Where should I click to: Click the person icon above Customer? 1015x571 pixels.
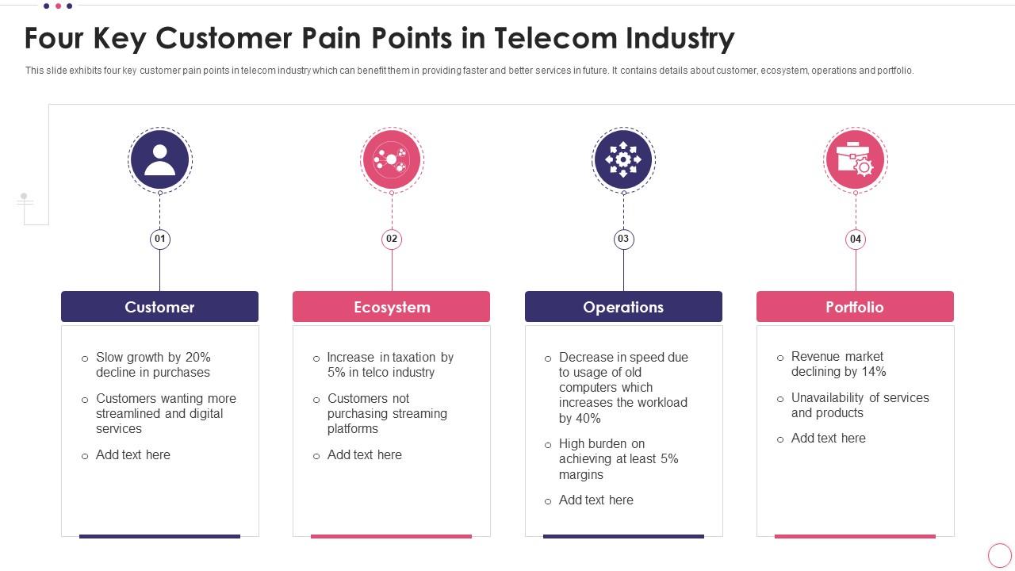tap(160, 159)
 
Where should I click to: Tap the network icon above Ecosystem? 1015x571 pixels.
tap(392, 159)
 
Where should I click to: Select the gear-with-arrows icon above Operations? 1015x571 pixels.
tap(623, 159)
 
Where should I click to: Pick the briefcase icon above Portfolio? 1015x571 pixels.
tap(855, 159)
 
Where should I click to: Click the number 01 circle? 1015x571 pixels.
tap(160, 239)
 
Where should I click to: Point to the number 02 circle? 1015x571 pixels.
tap(392, 239)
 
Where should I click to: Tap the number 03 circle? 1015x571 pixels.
tap(623, 239)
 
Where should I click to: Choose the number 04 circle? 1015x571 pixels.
tap(855, 239)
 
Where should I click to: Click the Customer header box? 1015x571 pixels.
tap(159, 307)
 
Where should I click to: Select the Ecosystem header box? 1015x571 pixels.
tap(391, 307)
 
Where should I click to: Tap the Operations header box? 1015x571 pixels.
tap(623, 307)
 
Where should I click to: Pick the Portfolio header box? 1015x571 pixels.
tap(855, 307)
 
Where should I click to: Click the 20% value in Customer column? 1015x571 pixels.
tap(197, 358)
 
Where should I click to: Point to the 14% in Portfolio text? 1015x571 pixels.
tap(873, 372)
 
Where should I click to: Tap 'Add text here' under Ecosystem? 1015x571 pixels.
tap(365, 455)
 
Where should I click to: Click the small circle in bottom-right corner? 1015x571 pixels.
tap(1000, 555)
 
